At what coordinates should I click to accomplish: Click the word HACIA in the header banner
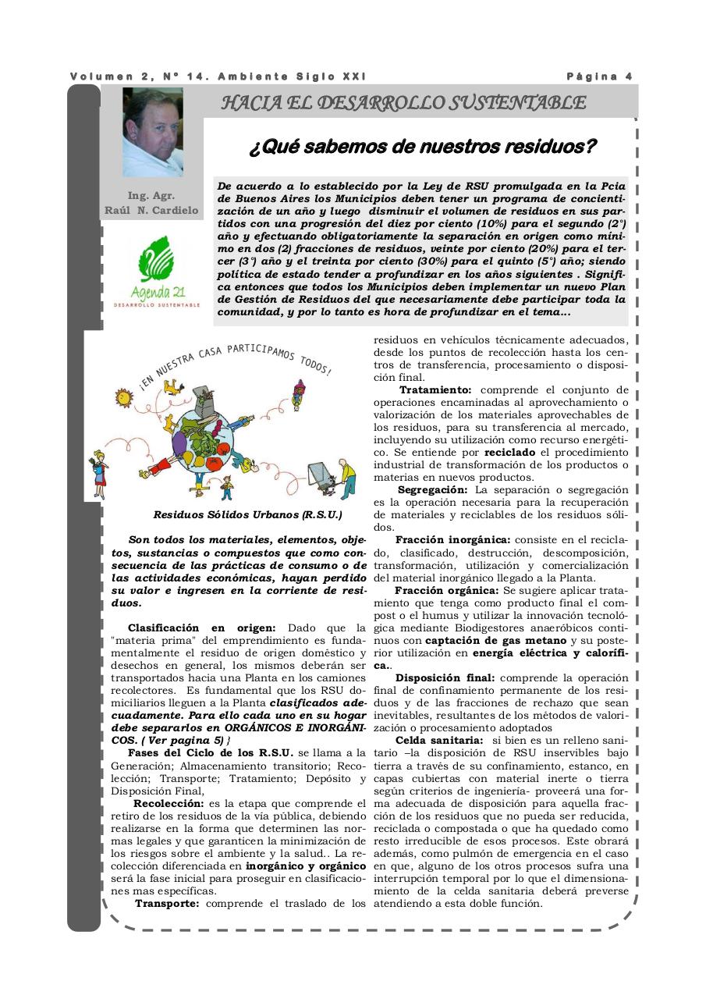(247, 103)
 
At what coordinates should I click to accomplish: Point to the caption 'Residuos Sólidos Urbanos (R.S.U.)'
(247, 515)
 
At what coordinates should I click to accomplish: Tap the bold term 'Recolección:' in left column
(169, 803)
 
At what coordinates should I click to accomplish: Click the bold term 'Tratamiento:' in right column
(435, 389)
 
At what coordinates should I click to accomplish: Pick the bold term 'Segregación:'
(432, 489)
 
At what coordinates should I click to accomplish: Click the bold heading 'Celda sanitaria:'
(438, 740)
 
